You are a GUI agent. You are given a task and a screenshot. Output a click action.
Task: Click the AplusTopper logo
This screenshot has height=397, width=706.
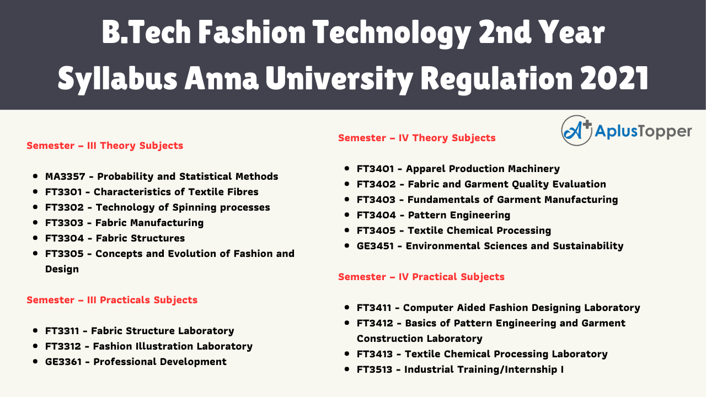point(626,131)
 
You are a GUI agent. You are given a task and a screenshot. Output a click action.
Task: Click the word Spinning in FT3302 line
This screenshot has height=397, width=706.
point(187,207)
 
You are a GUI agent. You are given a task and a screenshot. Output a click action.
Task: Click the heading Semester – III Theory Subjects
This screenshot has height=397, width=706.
point(105,146)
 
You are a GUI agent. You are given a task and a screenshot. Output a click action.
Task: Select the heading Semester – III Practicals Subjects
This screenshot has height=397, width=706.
point(112,300)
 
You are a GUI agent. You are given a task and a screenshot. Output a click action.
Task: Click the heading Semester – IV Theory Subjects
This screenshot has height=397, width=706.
point(417,138)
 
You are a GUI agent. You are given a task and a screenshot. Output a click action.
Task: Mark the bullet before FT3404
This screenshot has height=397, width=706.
point(346,215)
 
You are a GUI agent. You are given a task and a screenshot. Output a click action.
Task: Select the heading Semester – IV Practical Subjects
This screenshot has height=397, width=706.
point(421,277)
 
